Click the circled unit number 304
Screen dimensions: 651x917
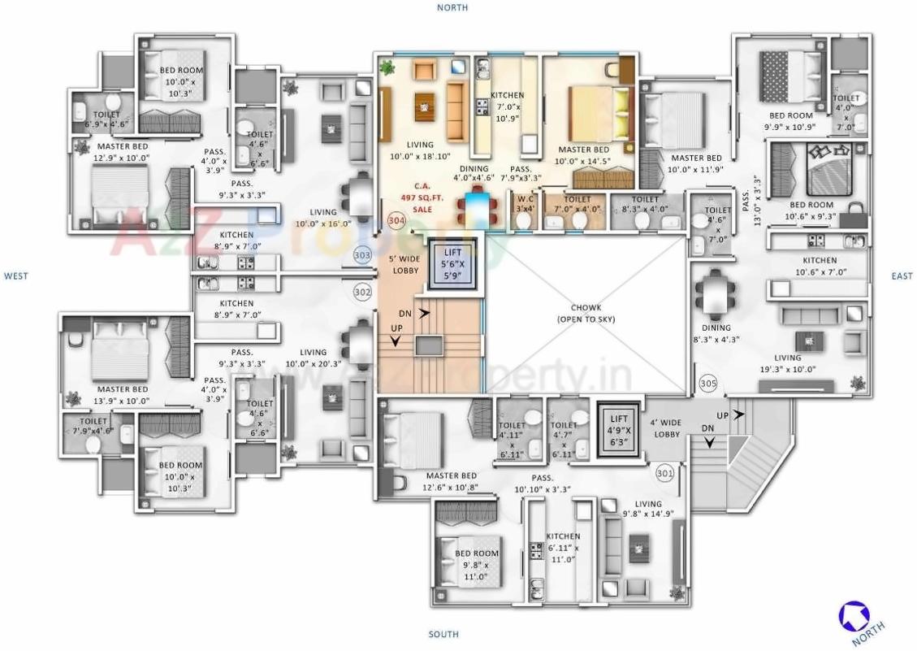(396, 220)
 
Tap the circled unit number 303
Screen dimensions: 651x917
(362, 255)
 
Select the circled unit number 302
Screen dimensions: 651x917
(362, 291)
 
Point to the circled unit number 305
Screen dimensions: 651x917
(707, 381)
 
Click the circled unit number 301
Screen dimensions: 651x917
(664, 472)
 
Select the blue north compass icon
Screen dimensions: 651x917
(853, 615)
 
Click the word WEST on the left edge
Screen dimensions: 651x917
(16, 276)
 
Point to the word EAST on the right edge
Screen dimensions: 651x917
(902, 276)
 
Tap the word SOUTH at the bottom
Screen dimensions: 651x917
(443, 634)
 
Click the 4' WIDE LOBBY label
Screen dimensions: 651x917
(667, 427)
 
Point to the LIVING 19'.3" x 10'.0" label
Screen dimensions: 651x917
(787, 363)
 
